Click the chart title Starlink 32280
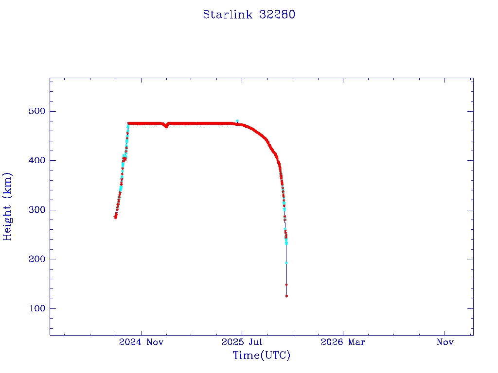(249, 15)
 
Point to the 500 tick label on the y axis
(37, 111)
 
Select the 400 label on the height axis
(37, 160)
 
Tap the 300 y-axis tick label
(37, 210)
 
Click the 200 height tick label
(37, 259)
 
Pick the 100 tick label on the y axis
(37, 308)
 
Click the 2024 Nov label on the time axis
(142, 342)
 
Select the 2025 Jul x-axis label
(242, 342)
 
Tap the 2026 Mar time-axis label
(343, 342)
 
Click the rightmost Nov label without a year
(445, 342)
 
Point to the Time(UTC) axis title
(262, 356)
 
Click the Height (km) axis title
(7, 206)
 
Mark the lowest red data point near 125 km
(286, 296)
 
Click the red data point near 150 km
(286, 285)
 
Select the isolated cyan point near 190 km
(286, 263)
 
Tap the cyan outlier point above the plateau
(237, 121)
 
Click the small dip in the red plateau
(166, 126)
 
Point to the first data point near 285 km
(115, 218)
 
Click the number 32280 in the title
(277, 15)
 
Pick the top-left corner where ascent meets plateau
(128, 123)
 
